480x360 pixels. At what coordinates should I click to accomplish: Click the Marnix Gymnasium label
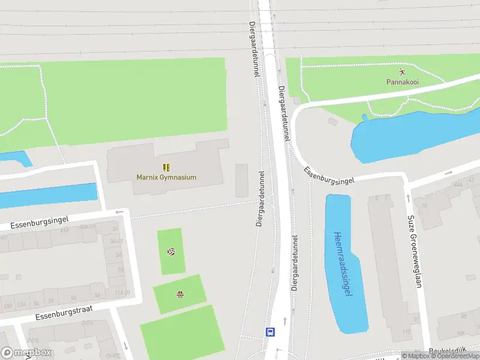(x=166, y=177)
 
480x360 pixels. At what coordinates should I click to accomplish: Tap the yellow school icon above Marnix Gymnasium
(x=166, y=167)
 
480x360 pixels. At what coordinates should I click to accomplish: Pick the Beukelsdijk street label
(x=448, y=352)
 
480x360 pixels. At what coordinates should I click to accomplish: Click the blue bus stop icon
(x=271, y=331)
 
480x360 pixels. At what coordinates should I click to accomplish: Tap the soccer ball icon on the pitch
(x=171, y=251)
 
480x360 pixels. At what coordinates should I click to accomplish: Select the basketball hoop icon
(x=179, y=294)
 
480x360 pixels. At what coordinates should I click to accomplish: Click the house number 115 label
(x=406, y=332)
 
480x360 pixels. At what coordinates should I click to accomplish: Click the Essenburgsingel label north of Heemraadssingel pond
(x=329, y=175)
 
